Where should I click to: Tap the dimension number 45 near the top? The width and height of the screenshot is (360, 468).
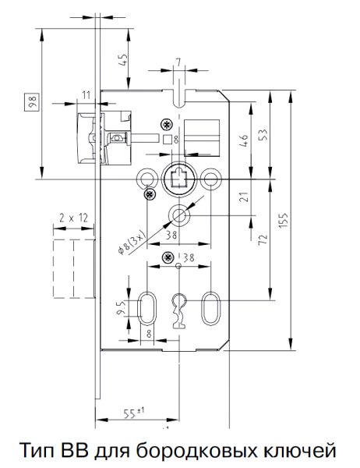(x=123, y=61)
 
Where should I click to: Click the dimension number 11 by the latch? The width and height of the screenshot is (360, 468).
(x=86, y=94)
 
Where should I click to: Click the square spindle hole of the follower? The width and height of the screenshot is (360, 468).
(x=178, y=179)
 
